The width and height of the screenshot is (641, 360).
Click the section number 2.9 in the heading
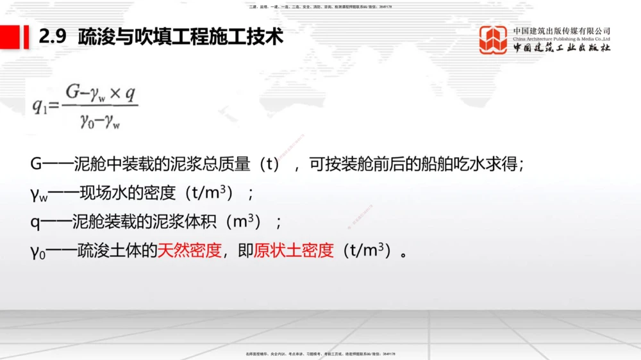coord(53,37)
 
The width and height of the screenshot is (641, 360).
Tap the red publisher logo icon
coord(493,40)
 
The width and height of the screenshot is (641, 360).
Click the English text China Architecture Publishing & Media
coord(562,39)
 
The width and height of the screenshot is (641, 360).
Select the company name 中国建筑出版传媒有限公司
coord(562,30)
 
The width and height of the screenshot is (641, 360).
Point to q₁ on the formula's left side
coord(40,107)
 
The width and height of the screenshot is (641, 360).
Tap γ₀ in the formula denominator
coord(87,121)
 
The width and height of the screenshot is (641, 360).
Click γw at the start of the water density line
coord(38,193)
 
